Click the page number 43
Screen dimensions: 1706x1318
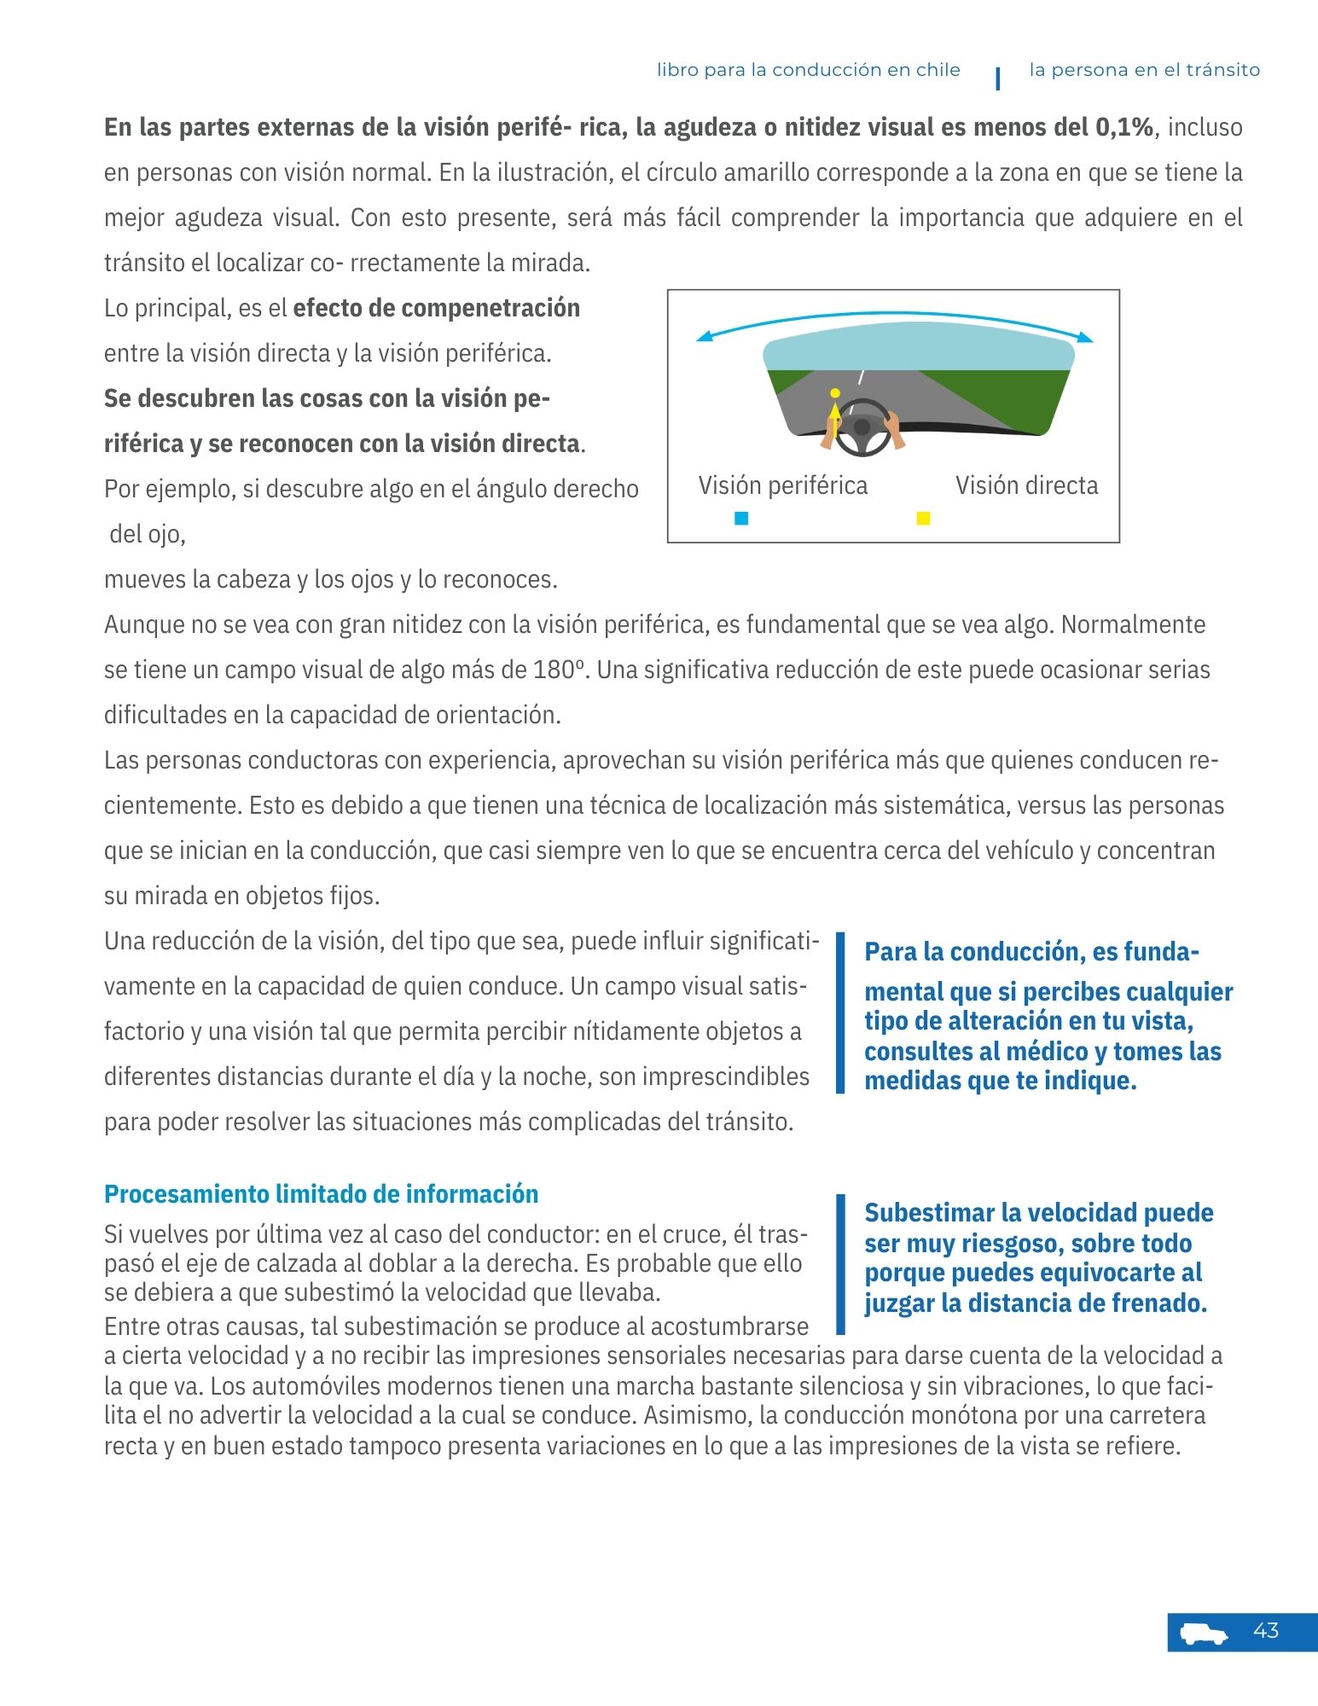pos(1266,1631)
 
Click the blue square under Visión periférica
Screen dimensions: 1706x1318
pos(741,519)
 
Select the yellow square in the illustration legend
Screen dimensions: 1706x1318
pos(923,519)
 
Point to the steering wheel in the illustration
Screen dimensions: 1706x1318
pos(862,426)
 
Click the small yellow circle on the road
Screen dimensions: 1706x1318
pos(835,393)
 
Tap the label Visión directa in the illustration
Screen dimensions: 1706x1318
pos(1026,485)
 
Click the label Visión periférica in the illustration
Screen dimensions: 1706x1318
pos(782,485)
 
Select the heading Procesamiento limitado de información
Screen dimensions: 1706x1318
pos(321,1194)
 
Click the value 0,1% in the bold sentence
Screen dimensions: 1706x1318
pos(1123,127)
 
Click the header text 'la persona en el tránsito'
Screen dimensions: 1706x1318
pos(1144,70)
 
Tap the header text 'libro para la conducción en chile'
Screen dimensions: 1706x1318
pos(808,70)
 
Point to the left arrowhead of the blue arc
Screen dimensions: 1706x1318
pos(702,339)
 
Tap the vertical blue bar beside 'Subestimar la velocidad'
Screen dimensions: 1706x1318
pos(840,1263)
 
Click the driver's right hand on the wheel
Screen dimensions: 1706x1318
pos(894,426)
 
